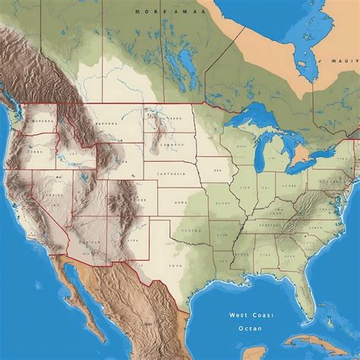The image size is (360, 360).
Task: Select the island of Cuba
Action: tap(319, 342)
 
